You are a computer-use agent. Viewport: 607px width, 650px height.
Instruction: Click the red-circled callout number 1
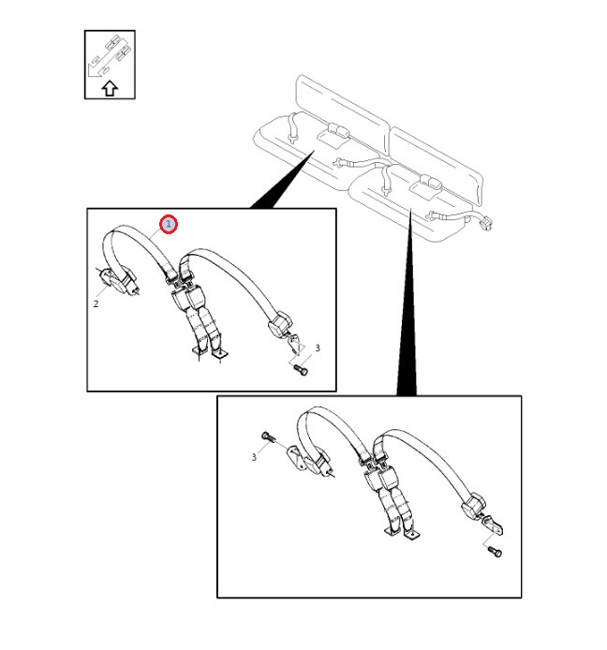(169, 224)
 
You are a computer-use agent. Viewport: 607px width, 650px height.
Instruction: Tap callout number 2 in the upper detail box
(96, 303)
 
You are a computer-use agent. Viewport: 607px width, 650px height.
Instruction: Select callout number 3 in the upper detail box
(318, 348)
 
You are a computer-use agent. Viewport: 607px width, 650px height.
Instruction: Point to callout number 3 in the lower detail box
(254, 457)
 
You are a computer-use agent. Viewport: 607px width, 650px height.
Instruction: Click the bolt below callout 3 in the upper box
(301, 369)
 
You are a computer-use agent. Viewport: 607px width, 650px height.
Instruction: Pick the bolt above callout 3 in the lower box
(267, 437)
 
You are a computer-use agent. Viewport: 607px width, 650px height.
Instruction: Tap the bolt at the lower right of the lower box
(495, 552)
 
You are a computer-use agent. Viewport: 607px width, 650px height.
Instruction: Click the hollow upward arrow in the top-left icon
(110, 88)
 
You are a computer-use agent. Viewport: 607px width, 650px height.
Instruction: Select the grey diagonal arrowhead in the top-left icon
(94, 71)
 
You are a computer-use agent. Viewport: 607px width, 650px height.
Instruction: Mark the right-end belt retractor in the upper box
(280, 324)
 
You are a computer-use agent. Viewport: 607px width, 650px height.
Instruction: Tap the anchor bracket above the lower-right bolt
(493, 524)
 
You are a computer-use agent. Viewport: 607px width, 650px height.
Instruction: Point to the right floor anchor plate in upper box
(220, 354)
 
